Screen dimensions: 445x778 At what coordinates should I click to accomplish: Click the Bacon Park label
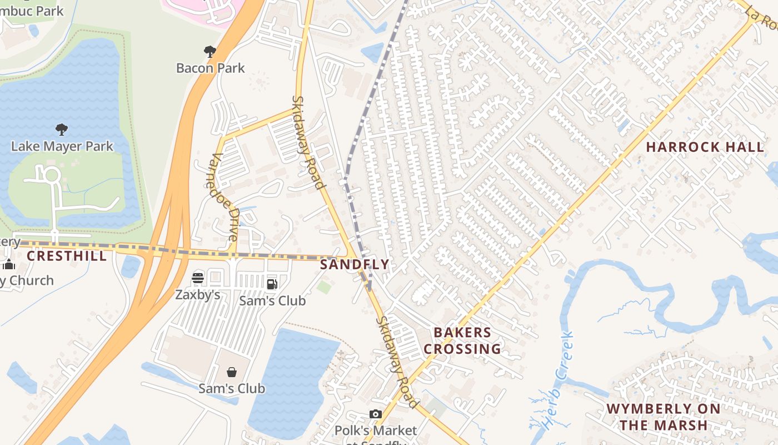coord(210,68)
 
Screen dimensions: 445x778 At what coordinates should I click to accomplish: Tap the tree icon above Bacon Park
coord(210,52)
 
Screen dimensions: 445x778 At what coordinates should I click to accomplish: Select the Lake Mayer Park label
coord(62,147)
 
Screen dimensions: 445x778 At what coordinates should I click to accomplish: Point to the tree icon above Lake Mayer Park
coord(62,130)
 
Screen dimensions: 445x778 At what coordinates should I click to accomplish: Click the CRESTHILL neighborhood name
coord(67,256)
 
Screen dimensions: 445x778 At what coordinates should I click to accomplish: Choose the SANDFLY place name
coord(355,265)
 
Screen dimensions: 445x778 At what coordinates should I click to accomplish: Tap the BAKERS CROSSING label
coord(467,341)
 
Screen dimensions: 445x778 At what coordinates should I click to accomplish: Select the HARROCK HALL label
coord(705,147)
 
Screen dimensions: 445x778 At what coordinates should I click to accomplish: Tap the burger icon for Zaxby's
coord(198,278)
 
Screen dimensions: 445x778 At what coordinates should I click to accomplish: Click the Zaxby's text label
coord(198,295)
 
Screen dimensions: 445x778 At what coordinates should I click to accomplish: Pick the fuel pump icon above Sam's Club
coord(272,284)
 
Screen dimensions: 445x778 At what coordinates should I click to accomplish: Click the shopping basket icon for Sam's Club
coord(232,372)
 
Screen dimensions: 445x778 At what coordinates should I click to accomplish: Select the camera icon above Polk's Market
coord(376,414)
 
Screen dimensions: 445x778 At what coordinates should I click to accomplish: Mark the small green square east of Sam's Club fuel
coord(324,287)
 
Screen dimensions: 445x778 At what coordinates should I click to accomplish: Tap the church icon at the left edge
coord(8,264)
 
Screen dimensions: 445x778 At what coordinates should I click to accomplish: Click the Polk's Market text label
coord(376,431)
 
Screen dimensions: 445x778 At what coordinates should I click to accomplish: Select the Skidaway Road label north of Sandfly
coord(308,142)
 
